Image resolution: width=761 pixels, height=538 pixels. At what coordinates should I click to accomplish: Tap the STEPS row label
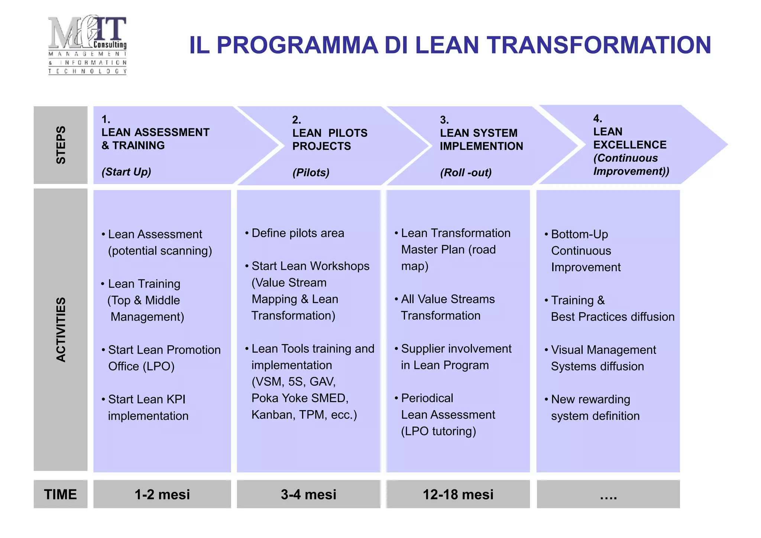click(61, 145)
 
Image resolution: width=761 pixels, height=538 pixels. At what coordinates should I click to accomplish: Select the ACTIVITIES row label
click(61, 330)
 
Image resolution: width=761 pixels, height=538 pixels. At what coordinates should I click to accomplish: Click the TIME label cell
click(61, 495)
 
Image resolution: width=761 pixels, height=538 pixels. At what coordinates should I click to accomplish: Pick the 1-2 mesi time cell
click(162, 495)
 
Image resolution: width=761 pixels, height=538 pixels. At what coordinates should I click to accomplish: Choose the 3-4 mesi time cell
click(308, 495)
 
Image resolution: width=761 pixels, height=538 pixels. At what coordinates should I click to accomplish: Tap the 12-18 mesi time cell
click(458, 495)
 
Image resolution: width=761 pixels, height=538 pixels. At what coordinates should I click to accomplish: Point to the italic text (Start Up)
click(126, 172)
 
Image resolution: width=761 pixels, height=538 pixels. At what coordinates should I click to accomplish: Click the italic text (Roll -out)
click(466, 173)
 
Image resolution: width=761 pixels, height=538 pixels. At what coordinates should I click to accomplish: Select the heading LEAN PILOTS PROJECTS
click(330, 139)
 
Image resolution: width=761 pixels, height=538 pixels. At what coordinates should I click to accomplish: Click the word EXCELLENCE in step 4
click(630, 145)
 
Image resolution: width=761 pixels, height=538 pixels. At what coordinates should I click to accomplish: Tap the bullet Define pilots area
click(297, 233)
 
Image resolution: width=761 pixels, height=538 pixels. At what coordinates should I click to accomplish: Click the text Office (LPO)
click(141, 366)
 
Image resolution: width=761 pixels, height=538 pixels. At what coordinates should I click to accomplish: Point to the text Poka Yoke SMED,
click(300, 398)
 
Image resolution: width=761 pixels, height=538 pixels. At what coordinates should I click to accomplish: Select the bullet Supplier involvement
click(456, 349)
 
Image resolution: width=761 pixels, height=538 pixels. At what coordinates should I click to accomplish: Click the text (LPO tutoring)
click(438, 431)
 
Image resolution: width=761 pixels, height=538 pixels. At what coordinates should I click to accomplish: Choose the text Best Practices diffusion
click(612, 317)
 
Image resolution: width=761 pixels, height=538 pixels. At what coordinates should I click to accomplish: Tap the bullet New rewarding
click(590, 399)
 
